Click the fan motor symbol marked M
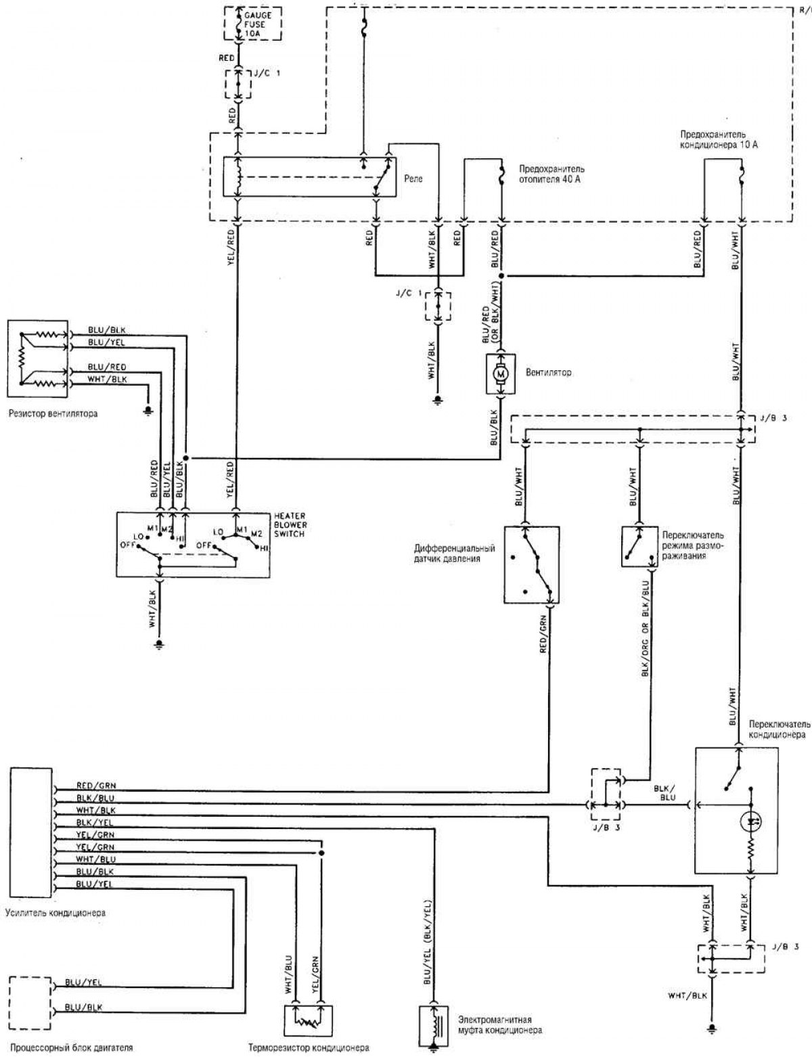(x=502, y=373)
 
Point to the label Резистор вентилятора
(x=53, y=413)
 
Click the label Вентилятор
(x=548, y=373)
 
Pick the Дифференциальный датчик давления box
(x=532, y=564)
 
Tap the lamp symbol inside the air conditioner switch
(x=751, y=822)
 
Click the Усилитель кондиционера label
(x=55, y=913)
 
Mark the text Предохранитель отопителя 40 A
(x=551, y=174)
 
